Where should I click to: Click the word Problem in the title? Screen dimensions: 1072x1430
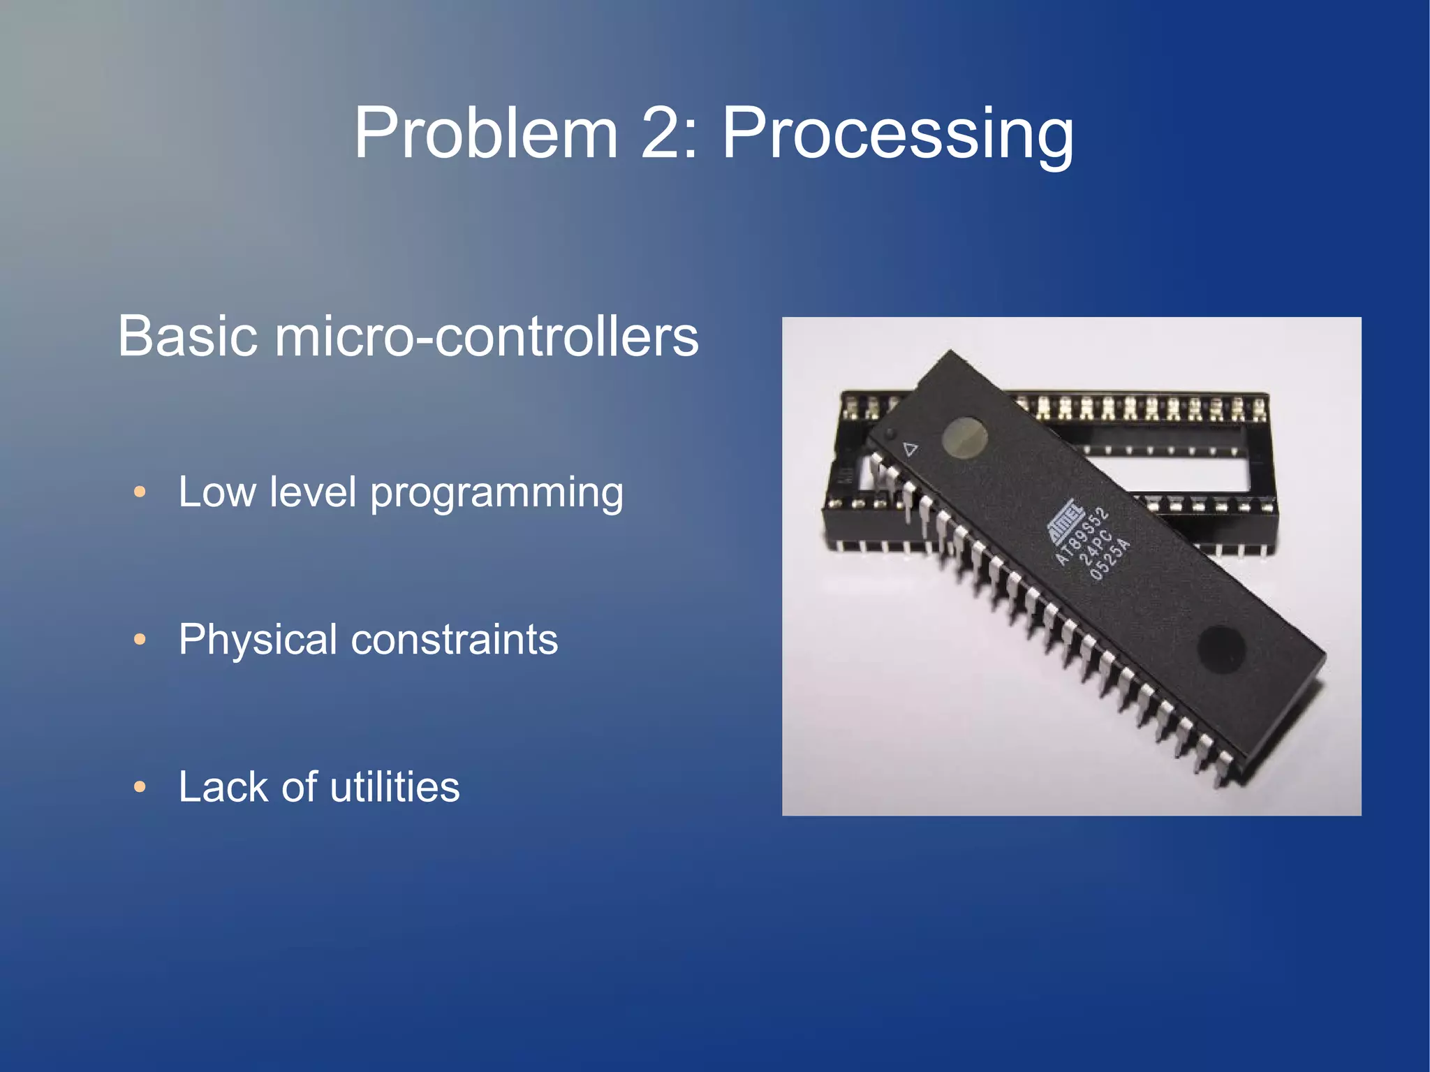[486, 133]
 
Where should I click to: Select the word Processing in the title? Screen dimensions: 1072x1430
[897, 134]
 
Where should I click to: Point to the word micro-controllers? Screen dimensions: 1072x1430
[487, 336]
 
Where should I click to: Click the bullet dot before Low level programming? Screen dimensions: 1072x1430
[140, 492]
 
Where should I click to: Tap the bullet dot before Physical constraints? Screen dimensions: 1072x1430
[140, 640]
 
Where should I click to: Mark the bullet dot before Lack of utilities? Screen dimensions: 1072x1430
[140, 787]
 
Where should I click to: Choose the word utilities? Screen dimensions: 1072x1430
[395, 787]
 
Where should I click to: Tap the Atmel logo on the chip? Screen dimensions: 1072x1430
[1062, 521]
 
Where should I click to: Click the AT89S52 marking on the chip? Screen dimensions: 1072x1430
[1082, 536]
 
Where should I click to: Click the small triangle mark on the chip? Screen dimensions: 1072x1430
[910, 449]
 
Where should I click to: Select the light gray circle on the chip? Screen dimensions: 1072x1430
[964, 438]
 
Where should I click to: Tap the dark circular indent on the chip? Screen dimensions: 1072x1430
[1221, 646]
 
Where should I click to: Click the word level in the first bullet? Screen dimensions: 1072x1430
[313, 492]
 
